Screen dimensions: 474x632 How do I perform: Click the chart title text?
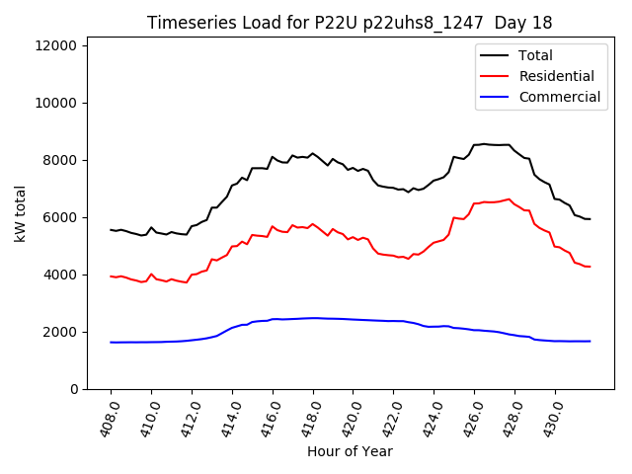[x=350, y=22]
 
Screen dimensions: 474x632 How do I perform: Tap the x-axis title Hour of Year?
[x=350, y=451]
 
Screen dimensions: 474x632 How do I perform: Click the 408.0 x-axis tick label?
[x=106, y=415]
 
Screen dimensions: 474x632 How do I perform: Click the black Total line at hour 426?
[x=475, y=145]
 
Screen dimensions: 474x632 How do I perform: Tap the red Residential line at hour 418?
[x=313, y=224]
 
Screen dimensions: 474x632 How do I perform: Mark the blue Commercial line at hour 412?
[x=192, y=340]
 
